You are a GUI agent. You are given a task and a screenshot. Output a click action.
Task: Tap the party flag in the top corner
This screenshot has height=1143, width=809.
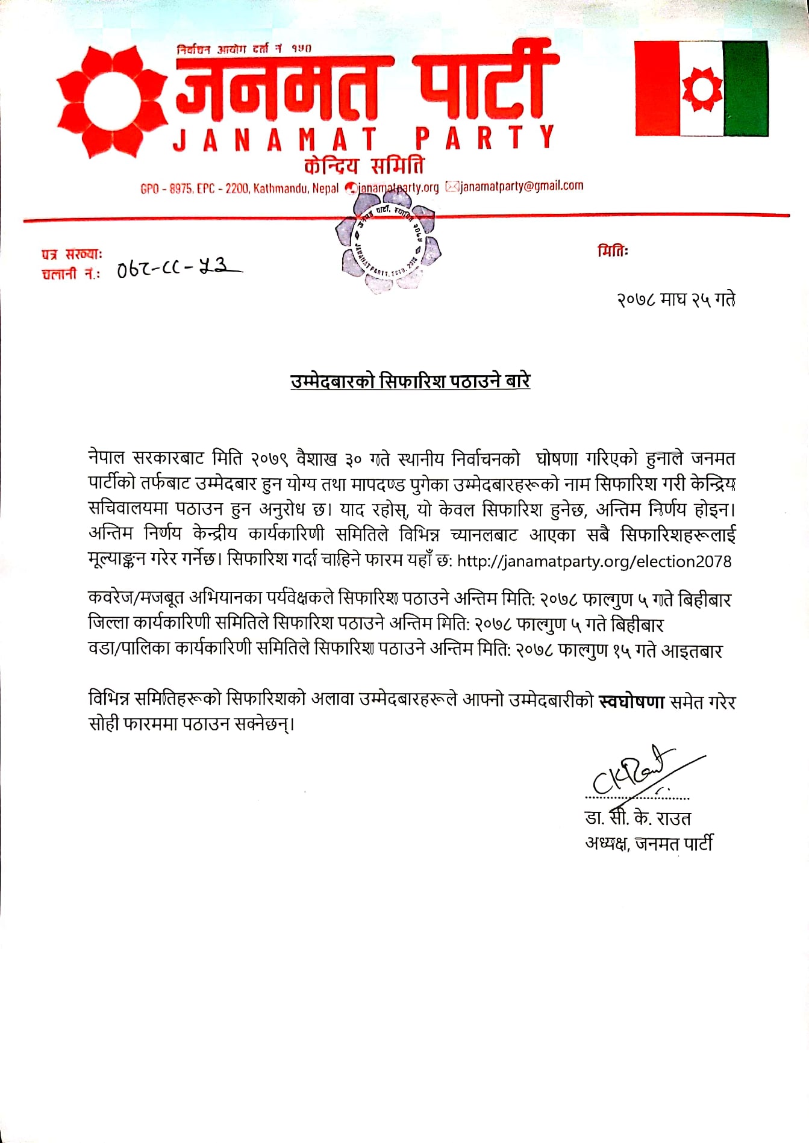[701, 89]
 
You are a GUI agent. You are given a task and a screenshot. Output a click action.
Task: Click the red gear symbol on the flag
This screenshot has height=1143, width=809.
[702, 89]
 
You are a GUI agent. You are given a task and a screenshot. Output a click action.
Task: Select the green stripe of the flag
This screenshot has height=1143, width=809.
[745, 89]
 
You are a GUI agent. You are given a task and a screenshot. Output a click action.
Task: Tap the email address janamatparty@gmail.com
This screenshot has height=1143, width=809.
[521, 186]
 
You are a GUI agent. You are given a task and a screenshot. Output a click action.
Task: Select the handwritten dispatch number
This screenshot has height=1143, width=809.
[179, 267]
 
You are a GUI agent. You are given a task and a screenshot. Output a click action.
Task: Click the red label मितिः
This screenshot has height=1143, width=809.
[613, 251]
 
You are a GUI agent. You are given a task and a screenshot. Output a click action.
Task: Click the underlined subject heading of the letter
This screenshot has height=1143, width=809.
[410, 381]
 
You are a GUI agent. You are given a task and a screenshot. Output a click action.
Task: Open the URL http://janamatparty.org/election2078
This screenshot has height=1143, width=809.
[594, 561]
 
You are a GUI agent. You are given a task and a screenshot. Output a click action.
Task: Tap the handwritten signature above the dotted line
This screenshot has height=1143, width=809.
[639, 774]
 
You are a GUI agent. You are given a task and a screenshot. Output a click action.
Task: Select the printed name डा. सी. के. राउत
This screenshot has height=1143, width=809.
[637, 818]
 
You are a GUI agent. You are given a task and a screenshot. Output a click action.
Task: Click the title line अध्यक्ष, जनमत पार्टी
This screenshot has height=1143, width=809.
[649, 843]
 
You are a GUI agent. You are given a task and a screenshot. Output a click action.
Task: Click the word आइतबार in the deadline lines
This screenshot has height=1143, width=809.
[692, 650]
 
